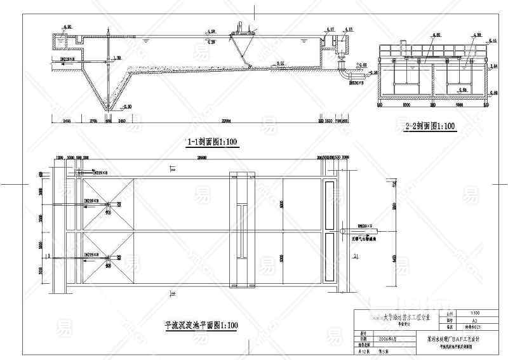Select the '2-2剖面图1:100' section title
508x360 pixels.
431,126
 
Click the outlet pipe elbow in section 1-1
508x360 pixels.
344,75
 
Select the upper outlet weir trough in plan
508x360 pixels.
328,202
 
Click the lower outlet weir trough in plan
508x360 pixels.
328,252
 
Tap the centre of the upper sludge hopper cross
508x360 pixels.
109,204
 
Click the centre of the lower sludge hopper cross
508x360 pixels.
109,257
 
